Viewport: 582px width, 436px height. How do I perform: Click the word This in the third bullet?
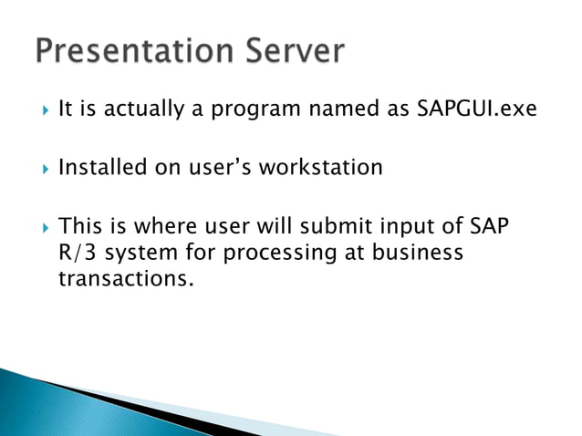78,225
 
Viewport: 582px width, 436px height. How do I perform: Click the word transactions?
126,278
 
